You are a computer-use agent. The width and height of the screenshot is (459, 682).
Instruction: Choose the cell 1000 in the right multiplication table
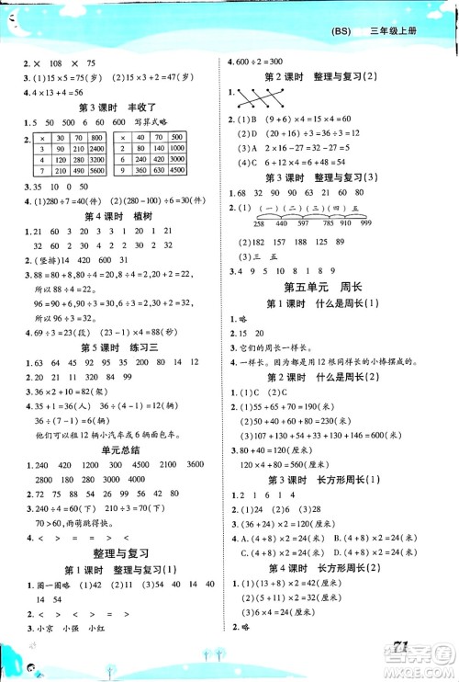coord(203,147)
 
